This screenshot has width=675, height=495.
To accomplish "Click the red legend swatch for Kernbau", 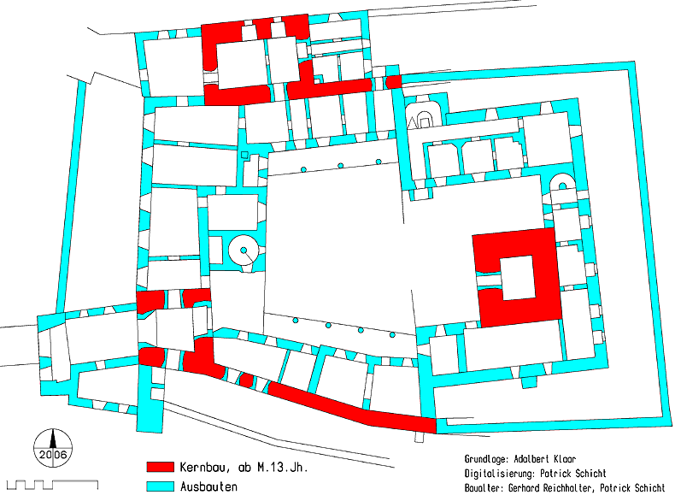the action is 160,467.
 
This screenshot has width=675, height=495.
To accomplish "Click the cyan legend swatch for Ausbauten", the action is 160,486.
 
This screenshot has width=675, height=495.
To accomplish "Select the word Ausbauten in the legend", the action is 208,486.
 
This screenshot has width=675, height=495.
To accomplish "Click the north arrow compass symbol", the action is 53,449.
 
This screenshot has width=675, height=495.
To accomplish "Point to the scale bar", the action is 52,485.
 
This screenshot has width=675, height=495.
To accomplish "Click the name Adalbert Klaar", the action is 545,459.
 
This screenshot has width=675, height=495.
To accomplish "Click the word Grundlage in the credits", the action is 486,459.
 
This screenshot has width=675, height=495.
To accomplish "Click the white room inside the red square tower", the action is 518,277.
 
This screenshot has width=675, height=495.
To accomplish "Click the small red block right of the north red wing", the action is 393,82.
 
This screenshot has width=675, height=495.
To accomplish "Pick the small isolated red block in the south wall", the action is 246,380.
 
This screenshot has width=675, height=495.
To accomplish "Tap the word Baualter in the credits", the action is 484,487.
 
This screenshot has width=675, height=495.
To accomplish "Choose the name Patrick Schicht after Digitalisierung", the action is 573,474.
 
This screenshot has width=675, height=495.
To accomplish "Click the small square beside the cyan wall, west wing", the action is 244,155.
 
